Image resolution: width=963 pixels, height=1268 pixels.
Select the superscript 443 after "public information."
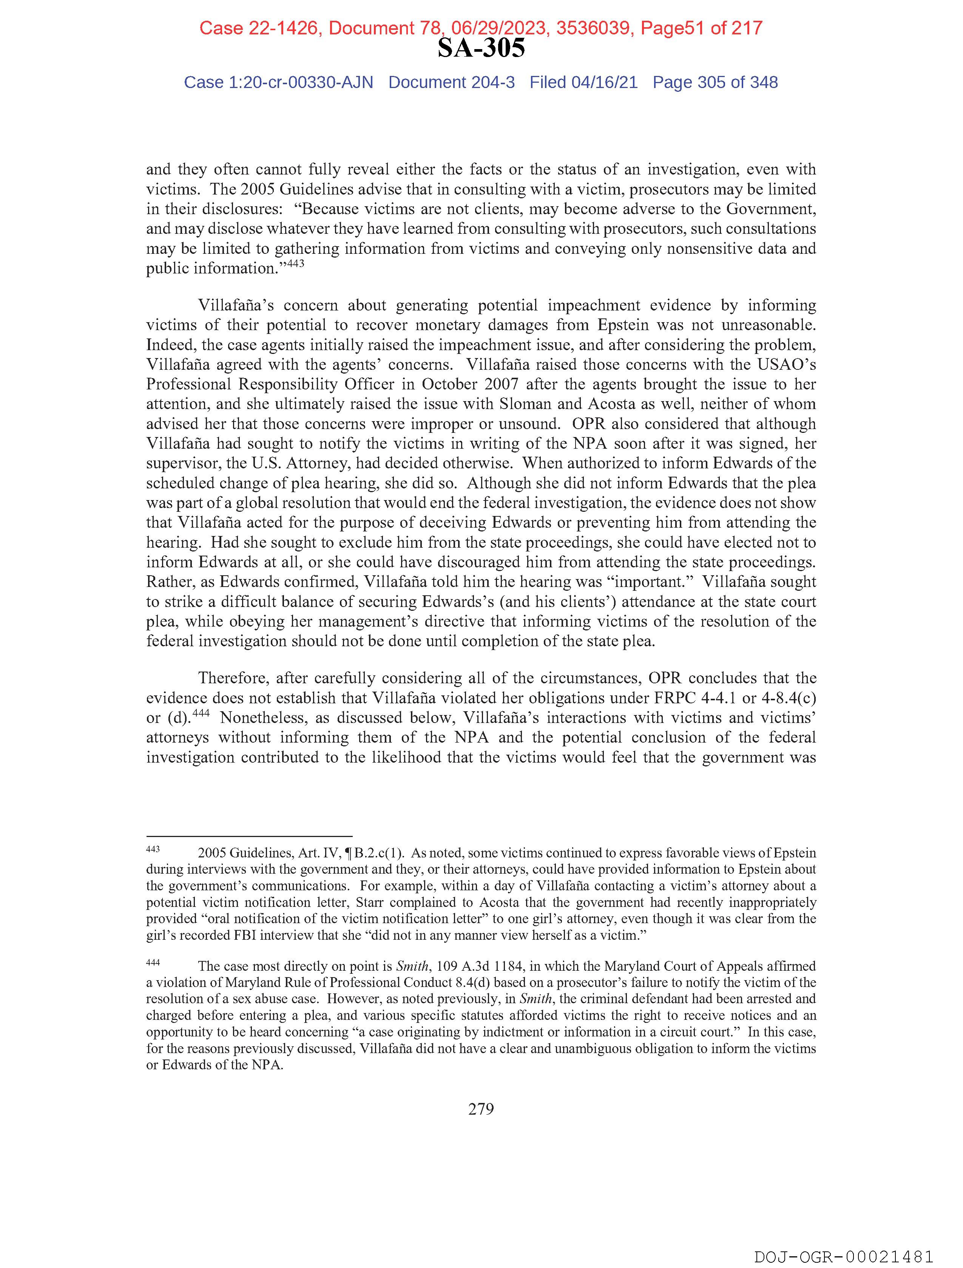click(295, 264)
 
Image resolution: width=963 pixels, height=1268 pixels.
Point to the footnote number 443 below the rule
click(153, 849)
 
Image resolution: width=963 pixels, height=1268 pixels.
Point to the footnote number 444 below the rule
click(153, 962)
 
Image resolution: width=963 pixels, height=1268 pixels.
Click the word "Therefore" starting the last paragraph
click(233, 678)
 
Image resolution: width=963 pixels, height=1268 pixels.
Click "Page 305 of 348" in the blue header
click(715, 83)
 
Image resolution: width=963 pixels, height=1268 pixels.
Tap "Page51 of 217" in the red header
click(701, 28)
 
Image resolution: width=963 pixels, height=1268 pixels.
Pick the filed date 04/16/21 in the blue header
click(604, 83)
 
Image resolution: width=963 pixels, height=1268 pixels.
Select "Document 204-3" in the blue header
click(451, 83)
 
